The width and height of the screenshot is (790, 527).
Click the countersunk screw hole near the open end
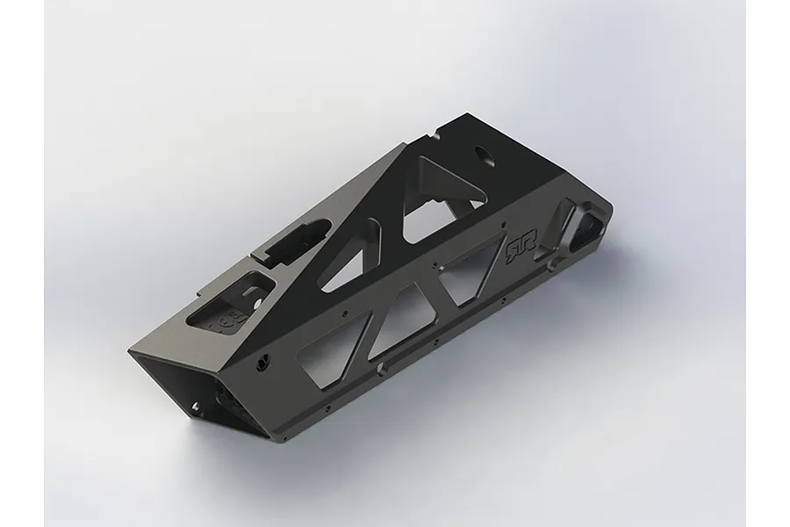(262, 362)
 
